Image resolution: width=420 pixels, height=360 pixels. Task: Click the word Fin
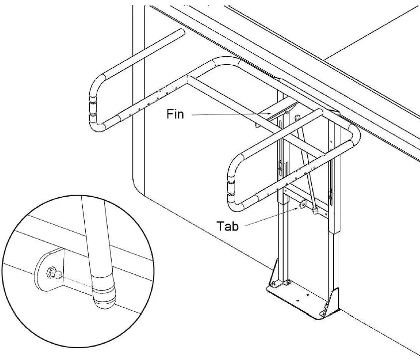pos(175,115)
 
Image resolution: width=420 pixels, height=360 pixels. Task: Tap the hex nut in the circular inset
pos(50,271)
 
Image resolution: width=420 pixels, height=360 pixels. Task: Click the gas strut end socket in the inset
pos(104,294)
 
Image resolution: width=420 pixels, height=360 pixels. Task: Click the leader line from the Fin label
pos(229,115)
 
